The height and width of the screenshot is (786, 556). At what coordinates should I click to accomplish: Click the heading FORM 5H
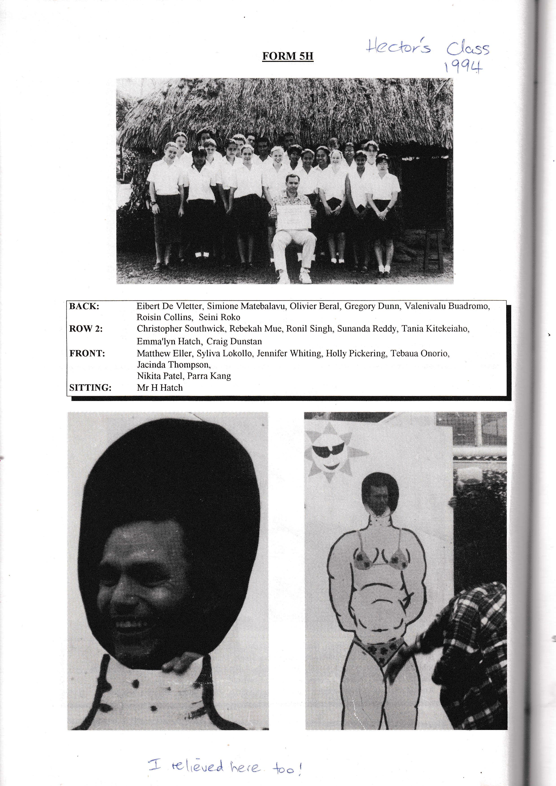pos(288,56)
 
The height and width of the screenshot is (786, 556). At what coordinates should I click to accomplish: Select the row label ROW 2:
pos(86,329)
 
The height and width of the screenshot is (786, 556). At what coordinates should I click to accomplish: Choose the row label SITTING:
pos(90,388)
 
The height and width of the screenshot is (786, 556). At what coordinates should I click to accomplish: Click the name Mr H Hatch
pos(160,388)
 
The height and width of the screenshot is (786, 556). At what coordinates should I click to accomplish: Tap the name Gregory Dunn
pos(372,306)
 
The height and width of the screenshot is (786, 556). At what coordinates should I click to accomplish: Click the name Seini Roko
pos(219,317)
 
